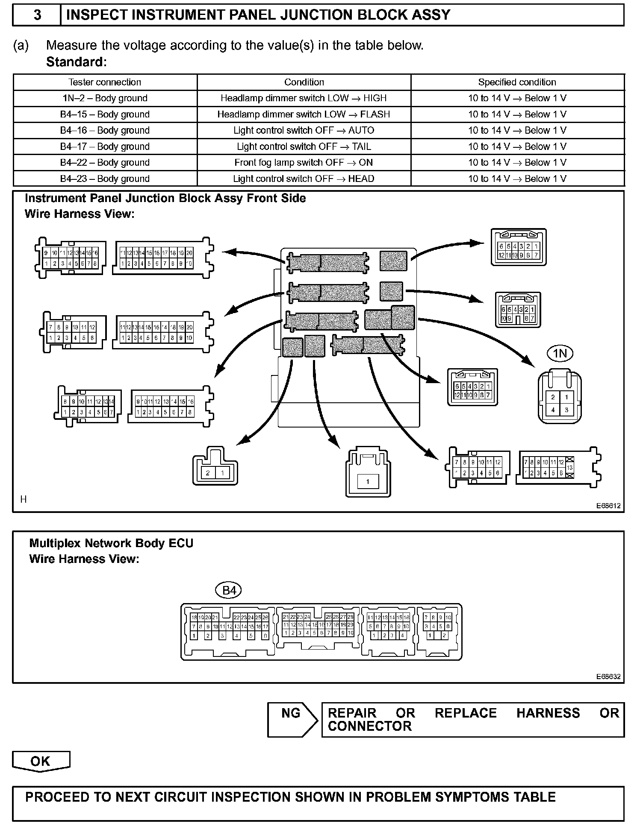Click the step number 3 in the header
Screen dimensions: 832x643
[x=37, y=15]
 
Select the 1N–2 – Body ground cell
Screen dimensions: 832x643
[x=105, y=98]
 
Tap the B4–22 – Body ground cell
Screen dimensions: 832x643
[x=105, y=163]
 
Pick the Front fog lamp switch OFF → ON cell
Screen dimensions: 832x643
[x=304, y=163]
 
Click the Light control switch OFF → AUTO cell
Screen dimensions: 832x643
[x=304, y=130]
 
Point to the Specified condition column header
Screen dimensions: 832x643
[x=517, y=82]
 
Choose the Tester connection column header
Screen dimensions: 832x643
[x=105, y=82]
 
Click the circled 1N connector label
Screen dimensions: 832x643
[x=560, y=353]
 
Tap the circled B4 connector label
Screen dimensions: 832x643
[x=229, y=590]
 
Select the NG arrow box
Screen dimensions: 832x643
[x=292, y=720]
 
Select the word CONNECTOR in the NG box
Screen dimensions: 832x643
[x=369, y=726]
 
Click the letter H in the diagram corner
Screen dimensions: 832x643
[x=24, y=499]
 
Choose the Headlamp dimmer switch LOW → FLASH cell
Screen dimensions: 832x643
[x=304, y=114]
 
